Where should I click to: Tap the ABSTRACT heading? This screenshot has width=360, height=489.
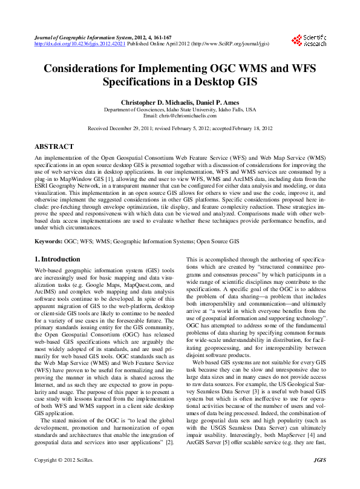(54, 146)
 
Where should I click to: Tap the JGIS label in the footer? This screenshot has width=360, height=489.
(320, 478)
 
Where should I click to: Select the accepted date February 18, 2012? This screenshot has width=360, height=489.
(250, 128)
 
